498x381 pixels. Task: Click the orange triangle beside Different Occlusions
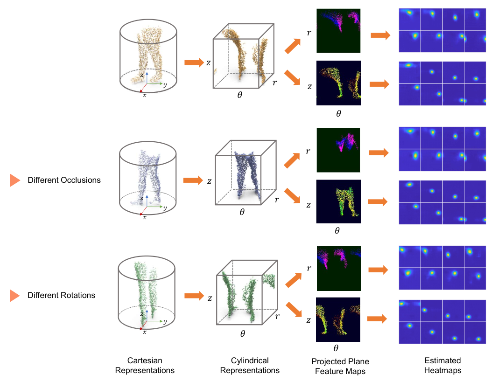tap(14, 180)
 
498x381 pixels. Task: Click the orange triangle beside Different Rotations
tap(14, 295)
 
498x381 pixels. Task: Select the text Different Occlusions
tap(64, 180)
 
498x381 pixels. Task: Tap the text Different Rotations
tap(61, 295)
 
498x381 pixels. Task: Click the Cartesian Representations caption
tap(145, 366)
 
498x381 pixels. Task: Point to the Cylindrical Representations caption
tap(250, 366)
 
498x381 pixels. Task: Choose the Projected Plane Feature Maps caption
tap(340, 367)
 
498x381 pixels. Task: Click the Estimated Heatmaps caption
tap(443, 366)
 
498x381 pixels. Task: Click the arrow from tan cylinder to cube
tap(194, 62)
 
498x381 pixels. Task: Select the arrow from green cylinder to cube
tap(194, 296)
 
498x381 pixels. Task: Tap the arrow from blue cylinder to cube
tap(193, 180)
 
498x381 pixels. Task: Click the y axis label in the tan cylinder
tap(165, 85)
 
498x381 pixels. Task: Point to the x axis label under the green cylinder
tap(145, 332)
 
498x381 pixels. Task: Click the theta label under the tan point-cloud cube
tap(240, 95)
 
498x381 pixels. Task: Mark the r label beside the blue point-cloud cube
tap(277, 200)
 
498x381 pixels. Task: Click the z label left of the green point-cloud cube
tap(210, 298)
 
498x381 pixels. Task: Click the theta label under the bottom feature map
tap(336, 348)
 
